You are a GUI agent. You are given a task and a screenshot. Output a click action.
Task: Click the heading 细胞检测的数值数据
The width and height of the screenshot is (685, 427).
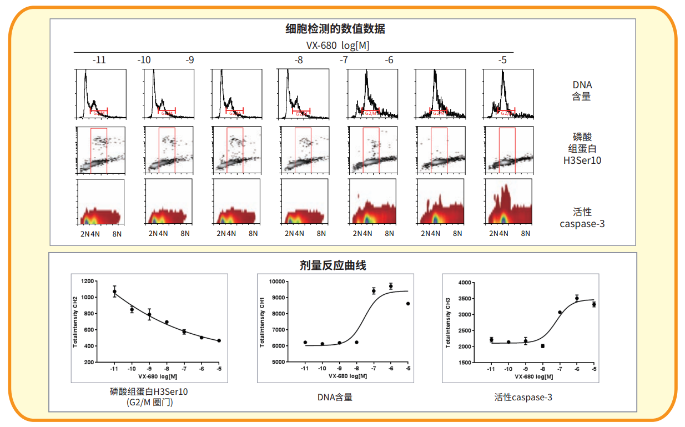(x=335, y=29)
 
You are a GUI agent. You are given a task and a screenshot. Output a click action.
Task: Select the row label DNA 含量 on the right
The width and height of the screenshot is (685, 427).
(x=582, y=91)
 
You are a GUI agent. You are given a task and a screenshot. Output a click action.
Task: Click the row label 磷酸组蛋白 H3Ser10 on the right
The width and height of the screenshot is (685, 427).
(x=582, y=148)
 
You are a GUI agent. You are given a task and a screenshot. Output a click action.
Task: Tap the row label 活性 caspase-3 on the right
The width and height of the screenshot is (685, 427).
(x=582, y=218)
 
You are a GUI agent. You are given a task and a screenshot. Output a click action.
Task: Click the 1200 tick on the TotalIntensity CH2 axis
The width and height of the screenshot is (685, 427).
(x=88, y=282)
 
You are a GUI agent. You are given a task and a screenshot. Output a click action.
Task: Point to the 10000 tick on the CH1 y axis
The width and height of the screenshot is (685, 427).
(x=276, y=282)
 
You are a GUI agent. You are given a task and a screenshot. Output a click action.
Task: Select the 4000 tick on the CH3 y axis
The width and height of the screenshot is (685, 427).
(x=464, y=283)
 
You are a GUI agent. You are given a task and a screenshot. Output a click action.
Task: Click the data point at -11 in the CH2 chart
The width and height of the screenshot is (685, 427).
(x=114, y=292)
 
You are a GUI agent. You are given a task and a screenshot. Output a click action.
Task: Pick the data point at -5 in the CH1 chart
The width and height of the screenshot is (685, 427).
(x=408, y=304)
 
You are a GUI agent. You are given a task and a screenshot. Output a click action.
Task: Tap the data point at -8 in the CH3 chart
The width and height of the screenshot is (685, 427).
(x=542, y=346)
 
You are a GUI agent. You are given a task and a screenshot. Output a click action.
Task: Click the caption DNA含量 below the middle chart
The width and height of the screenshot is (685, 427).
(x=335, y=397)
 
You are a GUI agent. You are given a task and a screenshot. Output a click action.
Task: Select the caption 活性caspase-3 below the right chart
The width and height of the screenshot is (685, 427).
(x=523, y=397)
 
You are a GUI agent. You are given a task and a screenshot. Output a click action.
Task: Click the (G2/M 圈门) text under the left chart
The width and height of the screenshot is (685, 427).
(x=149, y=402)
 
